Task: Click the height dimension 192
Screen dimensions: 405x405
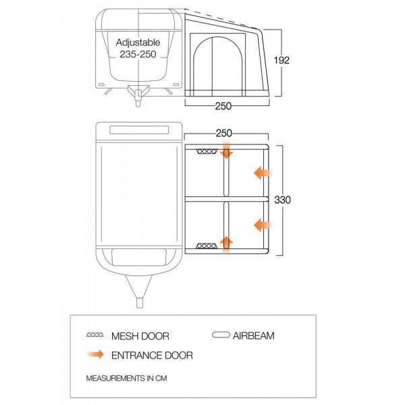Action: tap(281, 60)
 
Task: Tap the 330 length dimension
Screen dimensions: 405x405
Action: tap(282, 200)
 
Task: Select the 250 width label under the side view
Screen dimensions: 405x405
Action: tap(223, 106)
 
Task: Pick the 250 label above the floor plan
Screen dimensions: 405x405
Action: tap(223, 133)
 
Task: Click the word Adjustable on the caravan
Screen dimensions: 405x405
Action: tap(138, 43)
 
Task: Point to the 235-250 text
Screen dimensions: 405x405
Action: tap(138, 54)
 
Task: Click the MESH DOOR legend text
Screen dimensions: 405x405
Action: tap(140, 336)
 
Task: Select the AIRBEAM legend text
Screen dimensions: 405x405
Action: tap(253, 335)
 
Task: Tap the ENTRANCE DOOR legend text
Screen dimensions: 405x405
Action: tap(152, 356)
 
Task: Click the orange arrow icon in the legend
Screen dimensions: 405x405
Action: tap(96, 354)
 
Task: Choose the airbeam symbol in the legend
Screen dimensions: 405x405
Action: tap(221, 335)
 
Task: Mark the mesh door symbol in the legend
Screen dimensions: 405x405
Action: tap(95, 335)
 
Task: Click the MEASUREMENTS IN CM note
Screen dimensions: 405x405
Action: tap(127, 379)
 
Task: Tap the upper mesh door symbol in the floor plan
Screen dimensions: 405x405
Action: tap(207, 151)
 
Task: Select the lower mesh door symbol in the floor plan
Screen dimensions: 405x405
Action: tap(207, 246)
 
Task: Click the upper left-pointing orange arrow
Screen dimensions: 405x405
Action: tap(263, 173)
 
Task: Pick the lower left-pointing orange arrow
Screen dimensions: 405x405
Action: tap(263, 225)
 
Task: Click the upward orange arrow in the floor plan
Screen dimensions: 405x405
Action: tap(226, 244)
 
